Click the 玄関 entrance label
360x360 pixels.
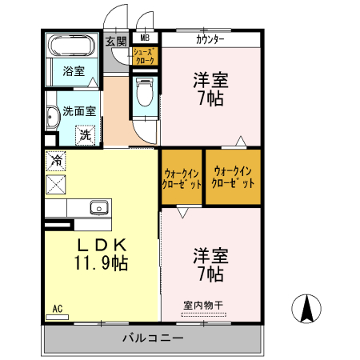117,42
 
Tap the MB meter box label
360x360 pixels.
145,38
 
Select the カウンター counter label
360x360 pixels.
210,38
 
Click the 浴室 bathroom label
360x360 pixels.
74,71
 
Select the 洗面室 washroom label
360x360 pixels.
79,112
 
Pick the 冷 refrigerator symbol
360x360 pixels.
56,161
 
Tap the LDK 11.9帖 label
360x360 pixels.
102,253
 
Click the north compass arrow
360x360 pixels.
307,308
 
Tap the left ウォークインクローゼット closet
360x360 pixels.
182,177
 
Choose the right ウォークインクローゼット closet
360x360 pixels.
233,177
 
